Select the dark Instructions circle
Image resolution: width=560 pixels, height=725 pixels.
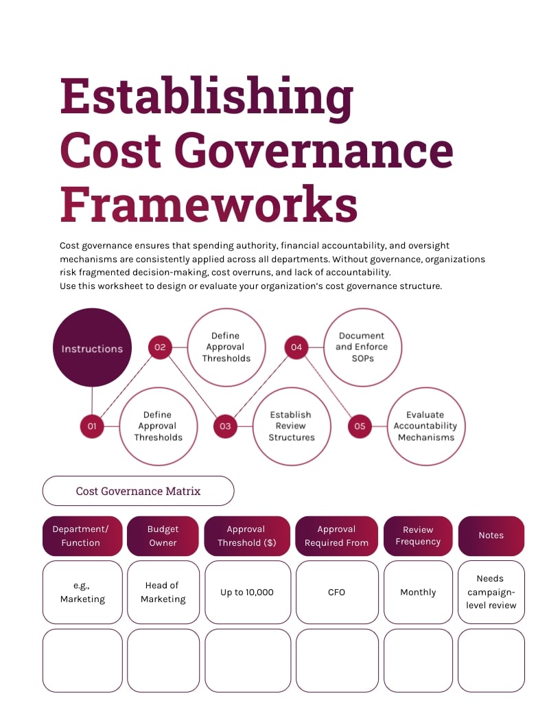point(92,348)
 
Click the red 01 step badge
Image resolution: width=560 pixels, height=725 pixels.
point(92,426)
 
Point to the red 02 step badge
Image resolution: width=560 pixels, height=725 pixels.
point(160,347)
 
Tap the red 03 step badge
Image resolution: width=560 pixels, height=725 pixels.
point(225,426)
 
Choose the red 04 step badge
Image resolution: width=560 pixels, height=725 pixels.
point(296,347)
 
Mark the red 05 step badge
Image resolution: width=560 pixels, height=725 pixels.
point(360,426)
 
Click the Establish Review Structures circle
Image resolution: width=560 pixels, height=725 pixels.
point(291,426)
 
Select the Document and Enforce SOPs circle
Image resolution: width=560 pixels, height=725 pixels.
point(362,347)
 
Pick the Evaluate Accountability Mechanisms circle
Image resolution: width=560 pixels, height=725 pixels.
point(426,426)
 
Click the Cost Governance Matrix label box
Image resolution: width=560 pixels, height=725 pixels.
point(138,491)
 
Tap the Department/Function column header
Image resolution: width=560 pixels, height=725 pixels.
point(82,536)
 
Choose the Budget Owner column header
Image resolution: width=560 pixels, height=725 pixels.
point(163,536)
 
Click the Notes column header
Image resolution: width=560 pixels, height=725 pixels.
point(491,536)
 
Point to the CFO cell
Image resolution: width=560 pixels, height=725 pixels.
point(336,592)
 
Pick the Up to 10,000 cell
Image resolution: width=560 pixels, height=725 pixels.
point(247,592)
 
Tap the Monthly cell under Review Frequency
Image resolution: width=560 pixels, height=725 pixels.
point(418,592)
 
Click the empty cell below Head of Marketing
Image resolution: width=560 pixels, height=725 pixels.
point(163,660)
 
